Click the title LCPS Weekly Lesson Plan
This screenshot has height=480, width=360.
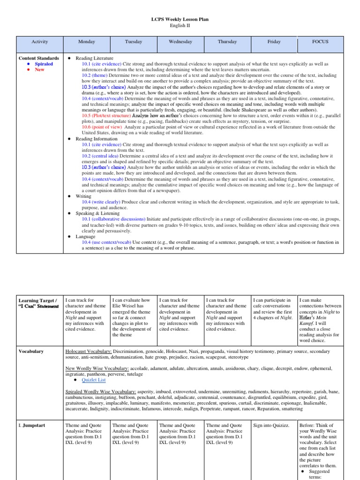[180, 19]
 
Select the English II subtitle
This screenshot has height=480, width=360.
[180, 26]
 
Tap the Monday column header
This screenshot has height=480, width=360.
[86, 42]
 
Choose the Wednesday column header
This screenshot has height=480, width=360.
[180, 42]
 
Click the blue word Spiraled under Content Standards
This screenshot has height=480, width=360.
[44, 64]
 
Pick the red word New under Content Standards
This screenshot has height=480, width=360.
[39, 69]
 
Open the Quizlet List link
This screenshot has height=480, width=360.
[94, 380]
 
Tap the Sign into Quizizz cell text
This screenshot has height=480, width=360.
[271, 425]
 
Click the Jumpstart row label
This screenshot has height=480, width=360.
[33, 425]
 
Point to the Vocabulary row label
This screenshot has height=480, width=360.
[31, 351]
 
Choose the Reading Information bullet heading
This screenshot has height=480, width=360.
[96, 139]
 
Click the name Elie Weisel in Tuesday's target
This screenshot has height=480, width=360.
[124, 306]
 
